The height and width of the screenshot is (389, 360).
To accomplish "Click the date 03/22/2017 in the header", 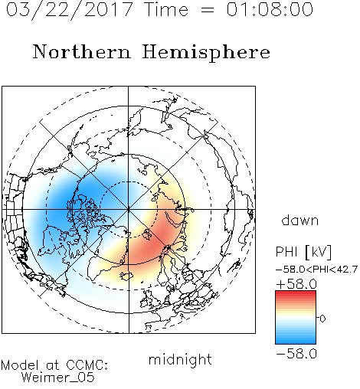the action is tap(70, 10).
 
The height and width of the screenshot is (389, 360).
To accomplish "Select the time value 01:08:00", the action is tap(270, 9).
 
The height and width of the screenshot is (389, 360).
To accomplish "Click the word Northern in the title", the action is tap(82, 51).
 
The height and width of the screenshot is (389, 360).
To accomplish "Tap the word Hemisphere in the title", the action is tap(206, 53).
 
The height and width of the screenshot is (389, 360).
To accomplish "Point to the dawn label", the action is tap(300, 220).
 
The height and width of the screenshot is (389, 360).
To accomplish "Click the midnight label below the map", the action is tap(180, 359).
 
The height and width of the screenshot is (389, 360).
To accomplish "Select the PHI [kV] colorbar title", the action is tap(303, 252).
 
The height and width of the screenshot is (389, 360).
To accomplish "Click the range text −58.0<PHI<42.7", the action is tap(317, 270).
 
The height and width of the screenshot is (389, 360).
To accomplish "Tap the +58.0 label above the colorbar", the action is tap(296, 284).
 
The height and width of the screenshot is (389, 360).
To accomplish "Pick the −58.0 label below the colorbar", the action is tap(296, 354).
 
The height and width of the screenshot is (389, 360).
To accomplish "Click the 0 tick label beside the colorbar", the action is tap(322, 319).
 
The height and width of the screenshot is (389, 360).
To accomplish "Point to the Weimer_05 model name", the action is tap(58, 378).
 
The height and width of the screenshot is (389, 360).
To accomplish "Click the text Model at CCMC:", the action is tap(54, 365).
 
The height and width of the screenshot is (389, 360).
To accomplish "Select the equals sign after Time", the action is tap(207, 11).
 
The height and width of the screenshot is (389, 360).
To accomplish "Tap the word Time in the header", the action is tap(166, 9).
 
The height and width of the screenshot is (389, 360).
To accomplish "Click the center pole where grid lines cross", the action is tap(128, 209).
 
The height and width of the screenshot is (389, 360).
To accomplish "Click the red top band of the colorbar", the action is tap(296, 293).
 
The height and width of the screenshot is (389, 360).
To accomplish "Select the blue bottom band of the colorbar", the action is tap(296, 341).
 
